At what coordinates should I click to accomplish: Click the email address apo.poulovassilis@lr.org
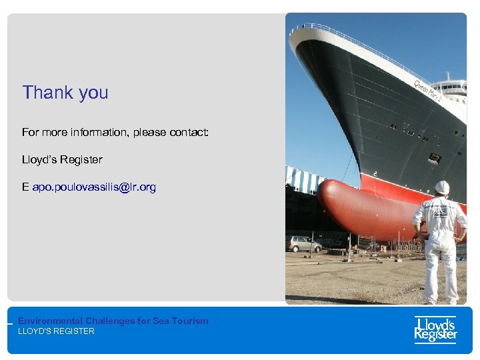94,187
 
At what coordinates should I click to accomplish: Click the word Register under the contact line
81,160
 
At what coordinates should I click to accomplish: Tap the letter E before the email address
25,187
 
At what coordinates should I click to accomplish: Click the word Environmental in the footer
50,321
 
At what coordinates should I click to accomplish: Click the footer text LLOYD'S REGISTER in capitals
56,331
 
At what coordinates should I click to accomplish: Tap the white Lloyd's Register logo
435,329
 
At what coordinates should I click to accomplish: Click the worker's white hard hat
442,187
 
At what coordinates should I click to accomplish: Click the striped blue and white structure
303,179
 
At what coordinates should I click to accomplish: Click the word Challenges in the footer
109,321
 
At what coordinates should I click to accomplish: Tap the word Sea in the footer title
161,321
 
